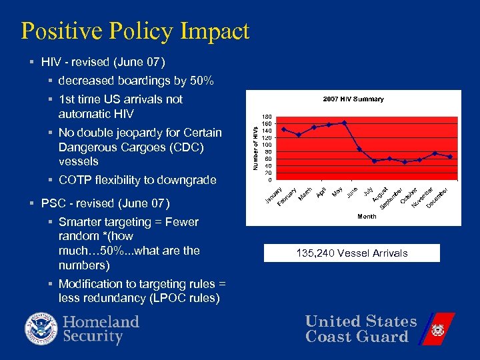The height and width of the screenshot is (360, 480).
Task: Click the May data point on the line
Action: [x=344, y=123]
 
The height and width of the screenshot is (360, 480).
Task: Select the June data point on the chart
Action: [x=359, y=149]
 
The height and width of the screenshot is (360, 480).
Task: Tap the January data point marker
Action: [x=284, y=129]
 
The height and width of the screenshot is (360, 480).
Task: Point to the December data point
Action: [x=451, y=157]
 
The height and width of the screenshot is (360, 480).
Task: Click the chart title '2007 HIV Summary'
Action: [x=353, y=99]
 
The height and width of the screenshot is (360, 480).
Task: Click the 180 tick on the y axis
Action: [x=267, y=117]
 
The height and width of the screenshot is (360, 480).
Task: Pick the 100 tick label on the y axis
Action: [x=267, y=145]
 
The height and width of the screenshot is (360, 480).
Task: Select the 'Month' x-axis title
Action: [x=367, y=216]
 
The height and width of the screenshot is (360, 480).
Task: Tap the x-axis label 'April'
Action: [x=321, y=193]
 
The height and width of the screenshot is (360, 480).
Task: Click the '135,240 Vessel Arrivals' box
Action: [x=352, y=253]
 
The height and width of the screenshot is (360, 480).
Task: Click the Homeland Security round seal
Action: [x=41, y=329]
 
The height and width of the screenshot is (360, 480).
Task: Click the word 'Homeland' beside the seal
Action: [x=101, y=322]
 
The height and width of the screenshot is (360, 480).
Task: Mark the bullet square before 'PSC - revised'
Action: [x=31, y=203]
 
